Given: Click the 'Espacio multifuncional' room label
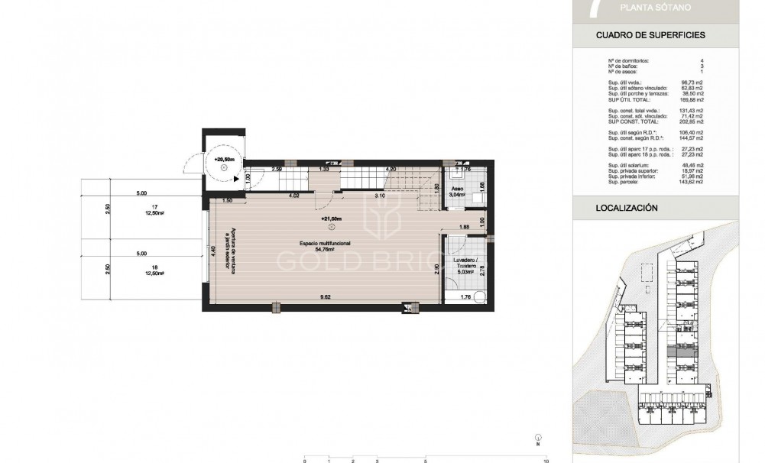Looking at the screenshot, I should [324, 243].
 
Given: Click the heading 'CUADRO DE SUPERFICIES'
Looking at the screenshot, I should [650, 35].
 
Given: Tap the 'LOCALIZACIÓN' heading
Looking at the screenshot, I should [627, 207].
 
